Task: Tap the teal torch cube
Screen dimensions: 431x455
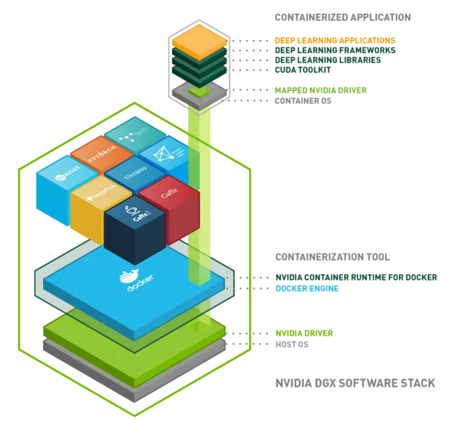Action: (135, 134)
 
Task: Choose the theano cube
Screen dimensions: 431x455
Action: (135, 175)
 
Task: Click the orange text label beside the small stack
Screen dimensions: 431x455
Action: (334, 41)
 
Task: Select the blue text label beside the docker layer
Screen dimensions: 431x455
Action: (306, 289)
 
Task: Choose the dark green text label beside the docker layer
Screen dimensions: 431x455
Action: (357, 278)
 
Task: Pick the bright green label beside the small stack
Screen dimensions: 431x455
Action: (320, 91)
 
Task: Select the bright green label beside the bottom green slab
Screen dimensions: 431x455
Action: (304, 333)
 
